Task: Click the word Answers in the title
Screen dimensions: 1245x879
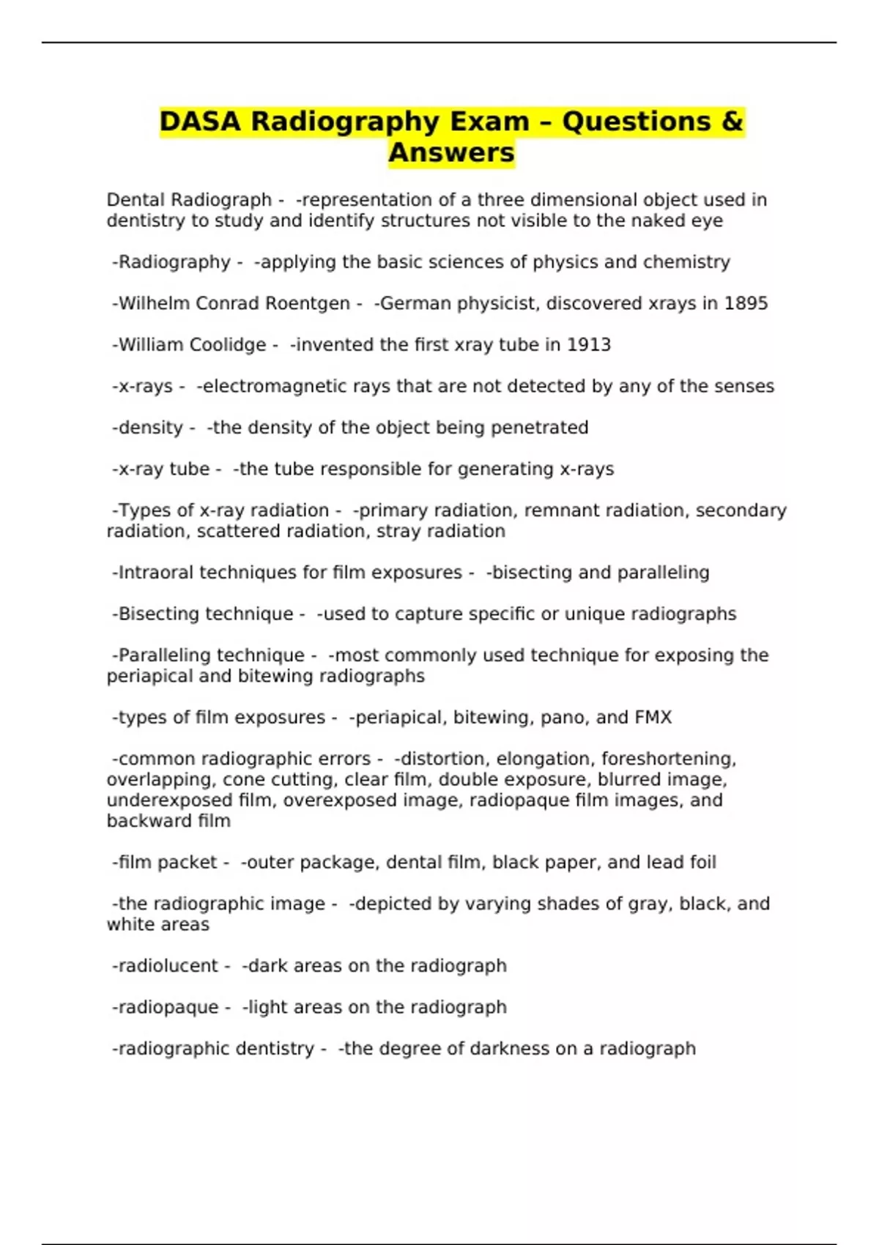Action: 451,153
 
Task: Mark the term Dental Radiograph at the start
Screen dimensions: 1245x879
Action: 189,200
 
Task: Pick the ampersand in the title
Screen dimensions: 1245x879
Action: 732,122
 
